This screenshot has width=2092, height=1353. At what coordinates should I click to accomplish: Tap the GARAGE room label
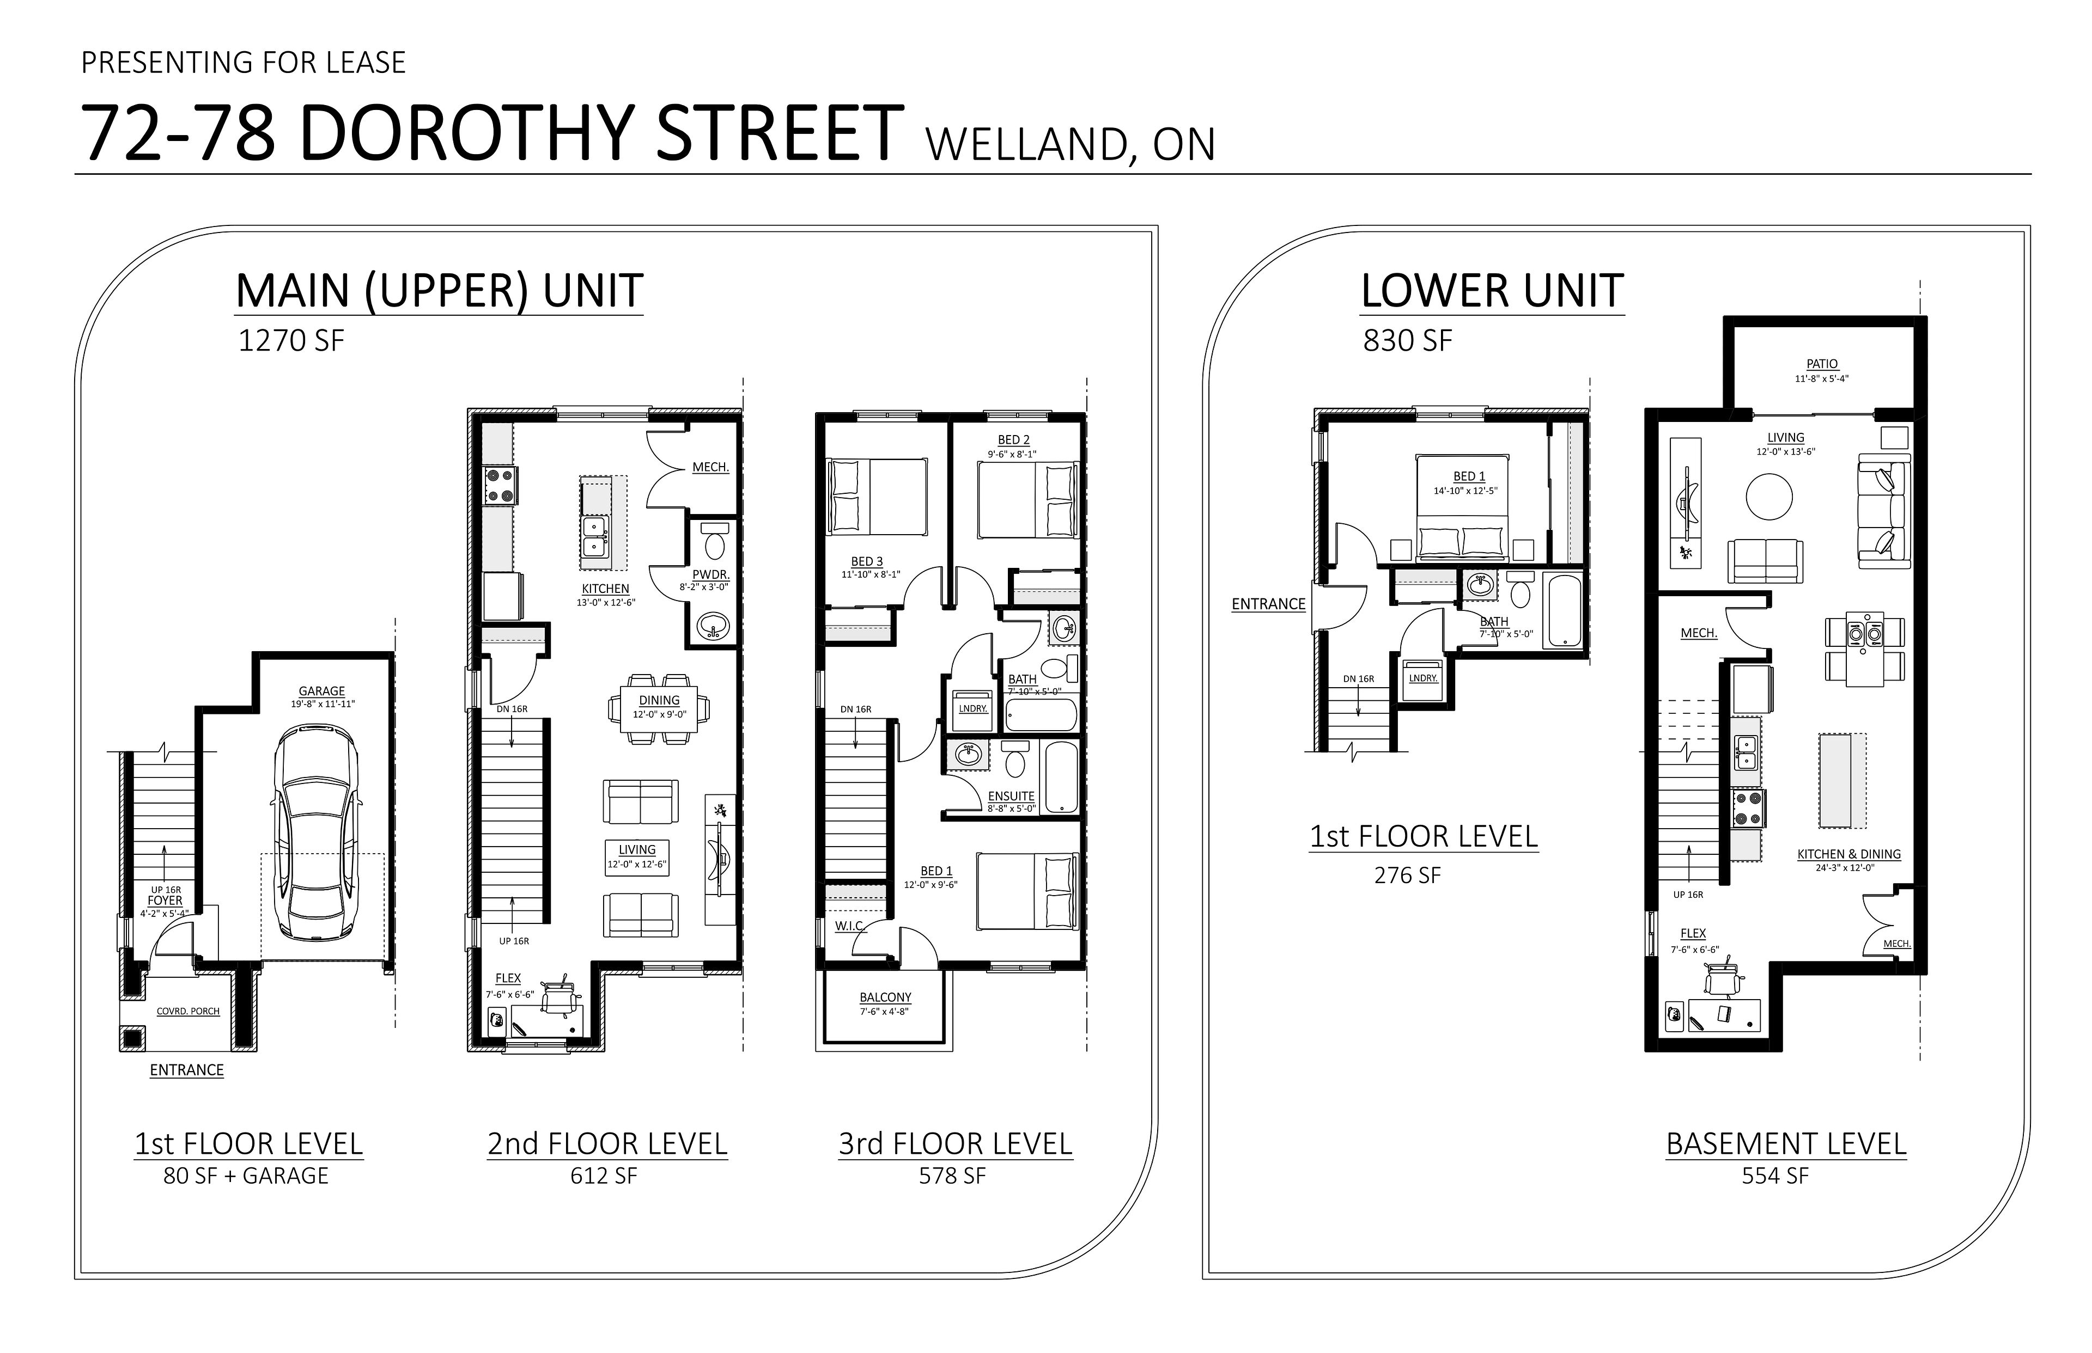pos(322,691)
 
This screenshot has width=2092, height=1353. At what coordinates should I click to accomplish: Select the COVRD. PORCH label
pos(188,1011)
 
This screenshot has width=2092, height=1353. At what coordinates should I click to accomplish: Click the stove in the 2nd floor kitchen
pos(500,486)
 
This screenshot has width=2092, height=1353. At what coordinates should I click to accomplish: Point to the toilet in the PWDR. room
pos(715,540)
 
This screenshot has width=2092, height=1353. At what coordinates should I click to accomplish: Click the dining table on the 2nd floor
pos(659,708)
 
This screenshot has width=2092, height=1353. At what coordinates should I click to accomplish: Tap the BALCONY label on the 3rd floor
pos(885,997)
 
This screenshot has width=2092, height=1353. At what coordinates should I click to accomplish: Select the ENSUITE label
pos(1011,796)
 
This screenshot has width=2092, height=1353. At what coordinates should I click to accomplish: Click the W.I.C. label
pos(850,926)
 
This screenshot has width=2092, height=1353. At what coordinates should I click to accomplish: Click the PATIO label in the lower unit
pos(1822,364)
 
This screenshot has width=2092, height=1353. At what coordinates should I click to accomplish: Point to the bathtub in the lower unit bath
pos(1563,610)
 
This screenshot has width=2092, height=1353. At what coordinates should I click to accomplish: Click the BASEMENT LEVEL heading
pos(1786,1144)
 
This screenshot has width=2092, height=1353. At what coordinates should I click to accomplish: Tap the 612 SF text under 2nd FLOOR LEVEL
pos(604,1176)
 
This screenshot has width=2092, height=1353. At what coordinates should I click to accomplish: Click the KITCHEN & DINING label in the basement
pos(1848,854)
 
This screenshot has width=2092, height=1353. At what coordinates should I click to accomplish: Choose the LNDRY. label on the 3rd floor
pos(973,708)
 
